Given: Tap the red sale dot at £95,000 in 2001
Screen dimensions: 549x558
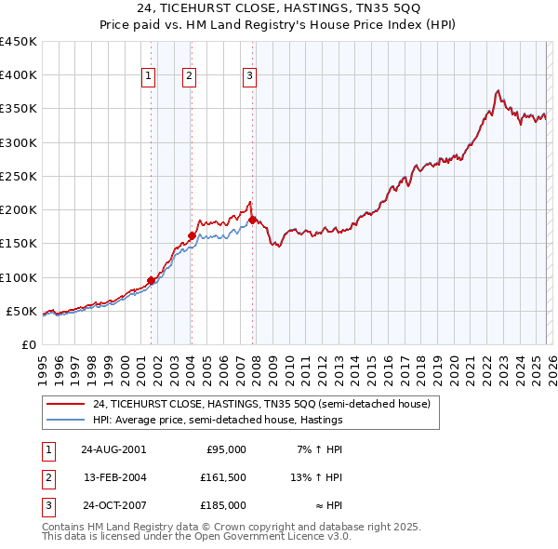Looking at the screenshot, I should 151,280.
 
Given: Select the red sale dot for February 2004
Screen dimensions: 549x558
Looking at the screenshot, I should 192,235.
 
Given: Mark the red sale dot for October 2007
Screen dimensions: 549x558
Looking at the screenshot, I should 252,220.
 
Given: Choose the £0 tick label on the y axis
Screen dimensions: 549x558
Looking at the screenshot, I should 28,344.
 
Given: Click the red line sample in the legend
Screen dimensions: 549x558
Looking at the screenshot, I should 66,405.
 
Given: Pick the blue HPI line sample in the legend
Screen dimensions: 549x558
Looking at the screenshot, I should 66,420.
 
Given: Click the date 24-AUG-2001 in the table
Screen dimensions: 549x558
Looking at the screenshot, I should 113,449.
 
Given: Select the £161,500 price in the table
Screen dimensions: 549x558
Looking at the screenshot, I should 223,477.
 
